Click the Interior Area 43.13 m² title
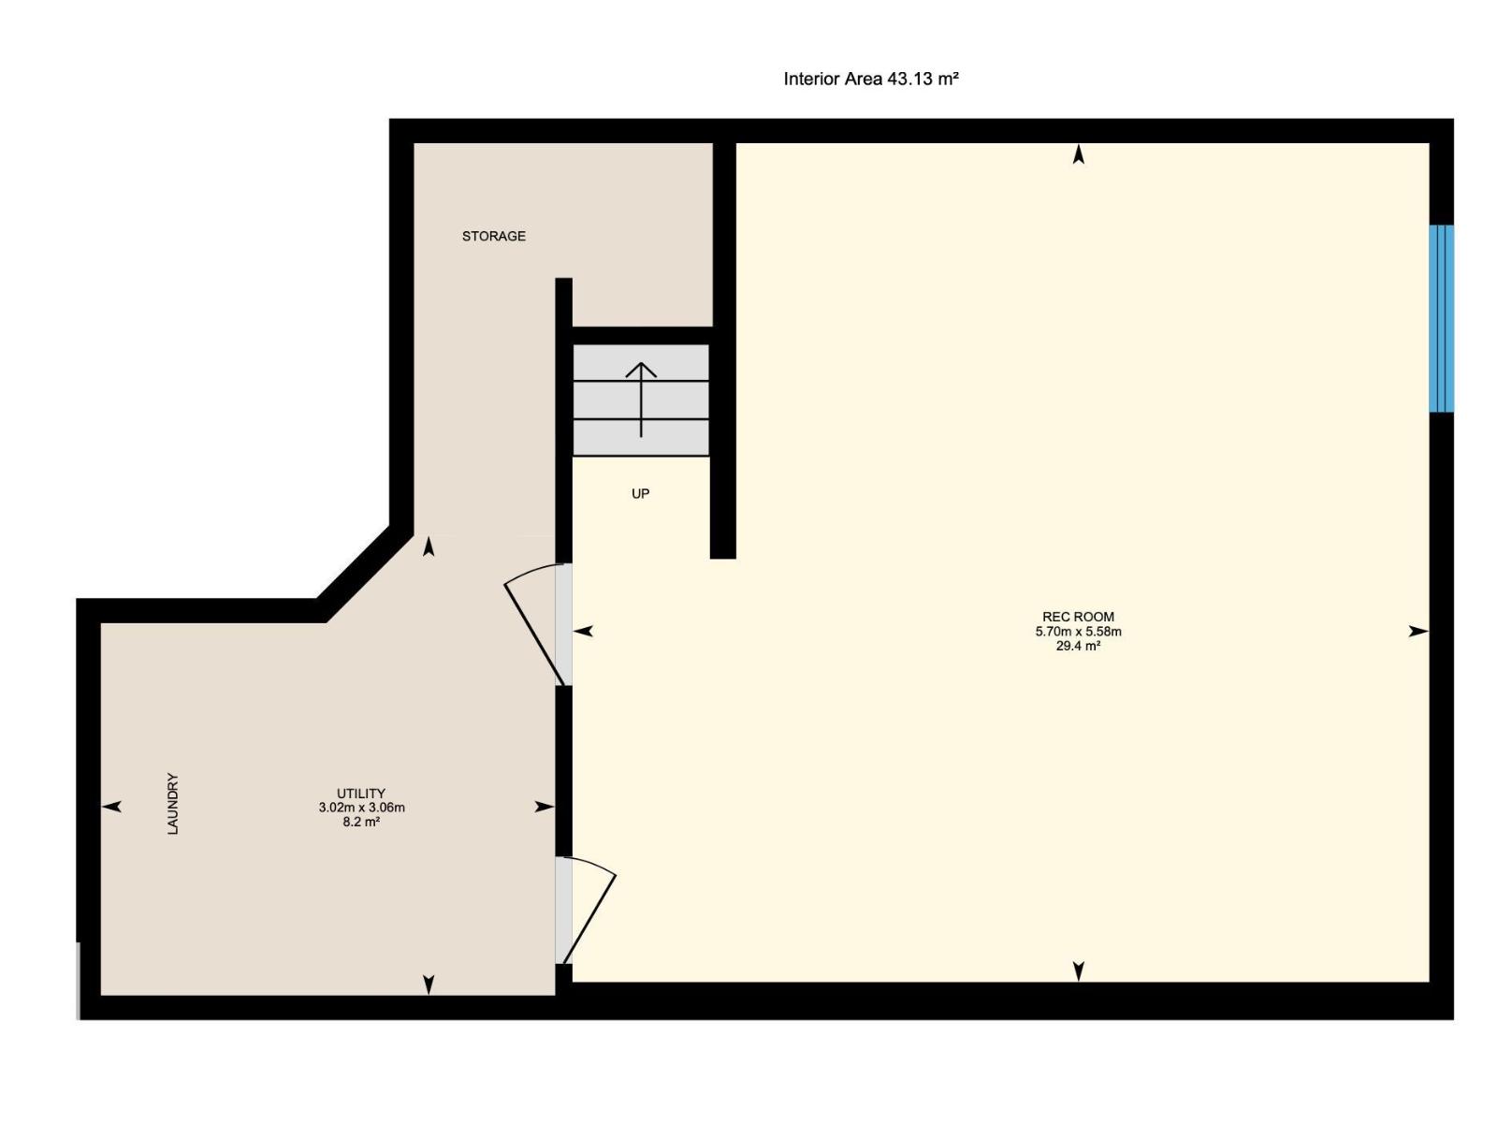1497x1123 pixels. pyautogui.click(x=870, y=80)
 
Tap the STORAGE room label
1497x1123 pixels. pyautogui.click(x=493, y=237)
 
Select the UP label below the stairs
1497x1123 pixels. pyautogui.click(x=640, y=494)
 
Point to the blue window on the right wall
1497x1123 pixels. pyautogui.click(x=1441, y=318)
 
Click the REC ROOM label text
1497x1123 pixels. pyautogui.click(x=1078, y=617)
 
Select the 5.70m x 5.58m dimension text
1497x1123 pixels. pyautogui.click(x=1078, y=632)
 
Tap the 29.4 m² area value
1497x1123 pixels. pyautogui.click(x=1078, y=646)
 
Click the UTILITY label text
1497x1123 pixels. pyautogui.click(x=361, y=794)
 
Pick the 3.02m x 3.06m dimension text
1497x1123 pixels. pyautogui.click(x=361, y=808)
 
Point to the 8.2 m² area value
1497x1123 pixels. pyautogui.click(x=361, y=823)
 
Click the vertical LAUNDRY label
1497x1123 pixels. pyautogui.click(x=172, y=803)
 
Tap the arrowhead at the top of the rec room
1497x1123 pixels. pyautogui.click(x=1078, y=155)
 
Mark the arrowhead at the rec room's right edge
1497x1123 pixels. pyautogui.click(x=1417, y=632)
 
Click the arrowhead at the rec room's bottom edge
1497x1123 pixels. pyautogui.click(x=1078, y=970)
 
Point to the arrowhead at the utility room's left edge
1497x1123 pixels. pyautogui.click(x=112, y=807)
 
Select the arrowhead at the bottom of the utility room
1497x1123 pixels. pyautogui.click(x=429, y=984)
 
